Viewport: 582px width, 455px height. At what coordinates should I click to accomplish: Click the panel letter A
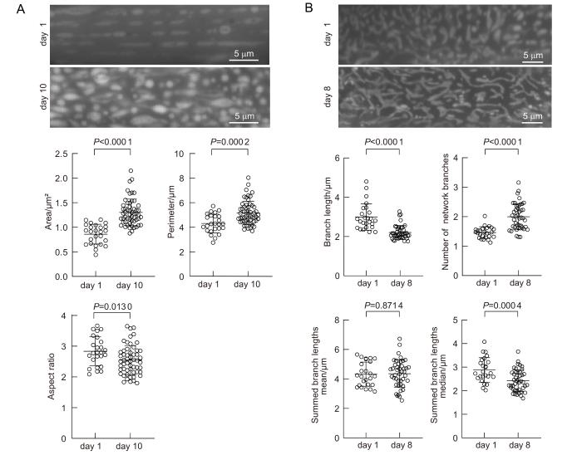coord(7,8)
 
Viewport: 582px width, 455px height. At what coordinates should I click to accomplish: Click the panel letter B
coord(309,8)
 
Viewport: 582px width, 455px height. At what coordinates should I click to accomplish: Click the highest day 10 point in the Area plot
coord(131,171)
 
